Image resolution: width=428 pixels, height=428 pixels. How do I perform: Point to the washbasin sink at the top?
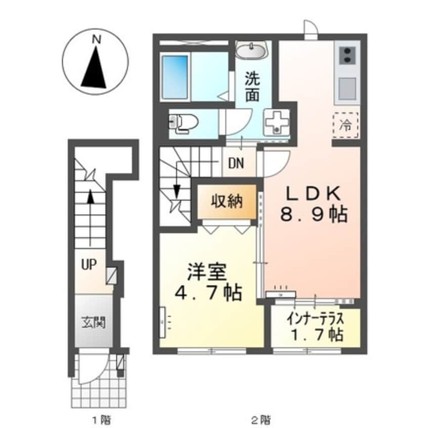tap(251, 51)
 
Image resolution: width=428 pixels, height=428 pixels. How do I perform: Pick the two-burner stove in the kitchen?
tap(347, 55)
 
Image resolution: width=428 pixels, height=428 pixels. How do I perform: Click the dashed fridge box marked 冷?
tap(346, 124)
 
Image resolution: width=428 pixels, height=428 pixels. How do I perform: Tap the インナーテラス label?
tap(315, 320)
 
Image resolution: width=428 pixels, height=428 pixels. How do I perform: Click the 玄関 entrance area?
tap(94, 322)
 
